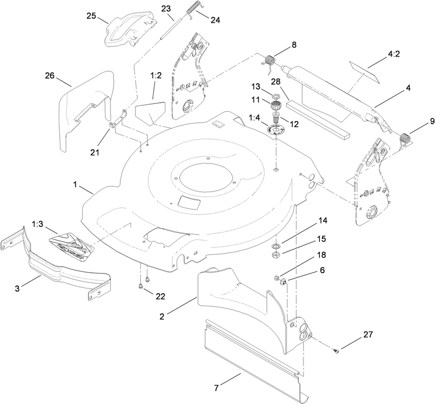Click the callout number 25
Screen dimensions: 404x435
[91, 16]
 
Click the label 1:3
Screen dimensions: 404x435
[38, 224]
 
